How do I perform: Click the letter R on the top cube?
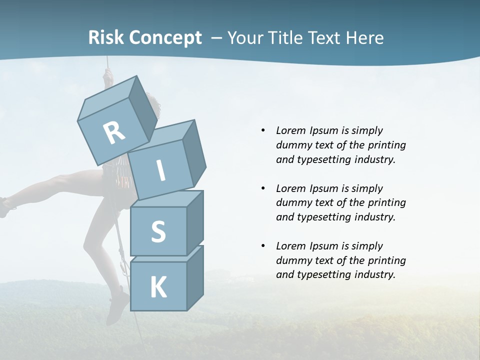pos(114,132)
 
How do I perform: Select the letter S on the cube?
pos(158,231)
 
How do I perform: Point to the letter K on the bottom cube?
pos(158,287)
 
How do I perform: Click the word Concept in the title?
pos(165,38)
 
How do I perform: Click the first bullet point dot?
pos(263,131)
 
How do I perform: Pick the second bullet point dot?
pos(263,188)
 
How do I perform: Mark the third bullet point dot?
pos(263,246)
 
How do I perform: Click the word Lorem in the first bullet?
pos(290,131)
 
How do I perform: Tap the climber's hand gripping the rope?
pos(106,76)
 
